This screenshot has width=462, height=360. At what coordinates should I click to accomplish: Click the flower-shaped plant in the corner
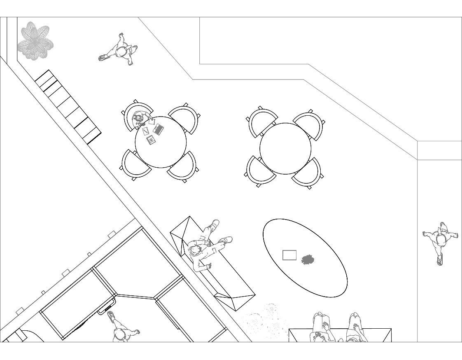pyautogui.click(x=35, y=41)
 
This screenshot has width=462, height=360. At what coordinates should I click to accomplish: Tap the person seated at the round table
pyautogui.click(x=139, y=119)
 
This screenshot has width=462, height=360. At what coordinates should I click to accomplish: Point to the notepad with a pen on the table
pyautogui.click(x=146, y=131)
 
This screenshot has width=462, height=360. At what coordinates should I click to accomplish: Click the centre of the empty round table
pyautogui.click(x=285, y=148)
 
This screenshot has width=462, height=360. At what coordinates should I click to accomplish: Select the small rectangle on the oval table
pyautogui.click(x=289, y=255)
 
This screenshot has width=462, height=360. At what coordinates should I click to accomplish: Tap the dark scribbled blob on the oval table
pyautogui.click(x=308, y=260)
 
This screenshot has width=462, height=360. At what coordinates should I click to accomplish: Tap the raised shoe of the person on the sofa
pyautogui.click(x=214, y=224)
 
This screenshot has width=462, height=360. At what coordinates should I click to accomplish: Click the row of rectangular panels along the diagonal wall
pyautogui.click(x=68, y=107)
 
